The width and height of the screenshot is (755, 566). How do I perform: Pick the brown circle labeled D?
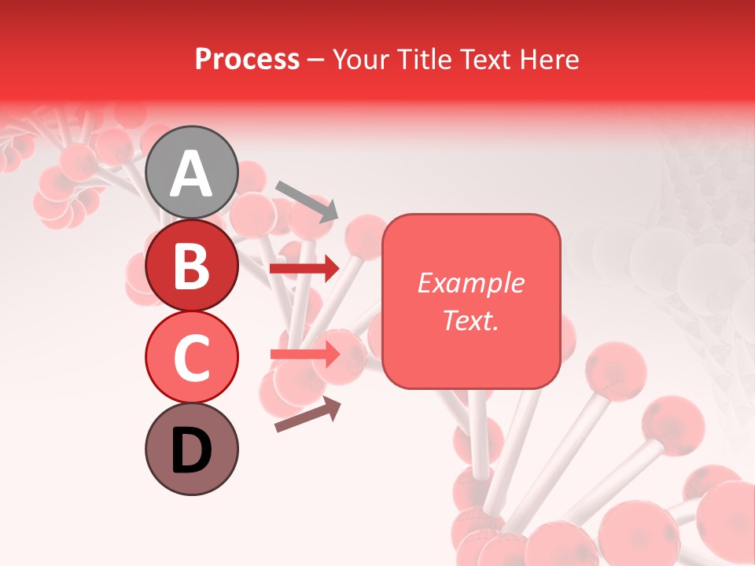192,449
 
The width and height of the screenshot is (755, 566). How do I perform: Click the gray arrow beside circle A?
307,200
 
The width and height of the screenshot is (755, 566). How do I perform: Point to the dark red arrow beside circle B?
304,269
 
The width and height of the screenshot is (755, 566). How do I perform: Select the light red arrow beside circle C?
304,355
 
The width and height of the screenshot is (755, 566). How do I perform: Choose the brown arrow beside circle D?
308,415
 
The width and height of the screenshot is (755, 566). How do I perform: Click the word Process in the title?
247,60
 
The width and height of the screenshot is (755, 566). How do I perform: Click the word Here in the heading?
550,60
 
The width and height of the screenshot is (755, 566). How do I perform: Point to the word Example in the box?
470,283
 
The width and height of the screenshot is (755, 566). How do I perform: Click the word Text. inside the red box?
470,320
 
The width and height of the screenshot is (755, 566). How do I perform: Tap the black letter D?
192,450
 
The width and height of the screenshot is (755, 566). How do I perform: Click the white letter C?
192,358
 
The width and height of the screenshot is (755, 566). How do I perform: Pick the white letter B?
192,266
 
